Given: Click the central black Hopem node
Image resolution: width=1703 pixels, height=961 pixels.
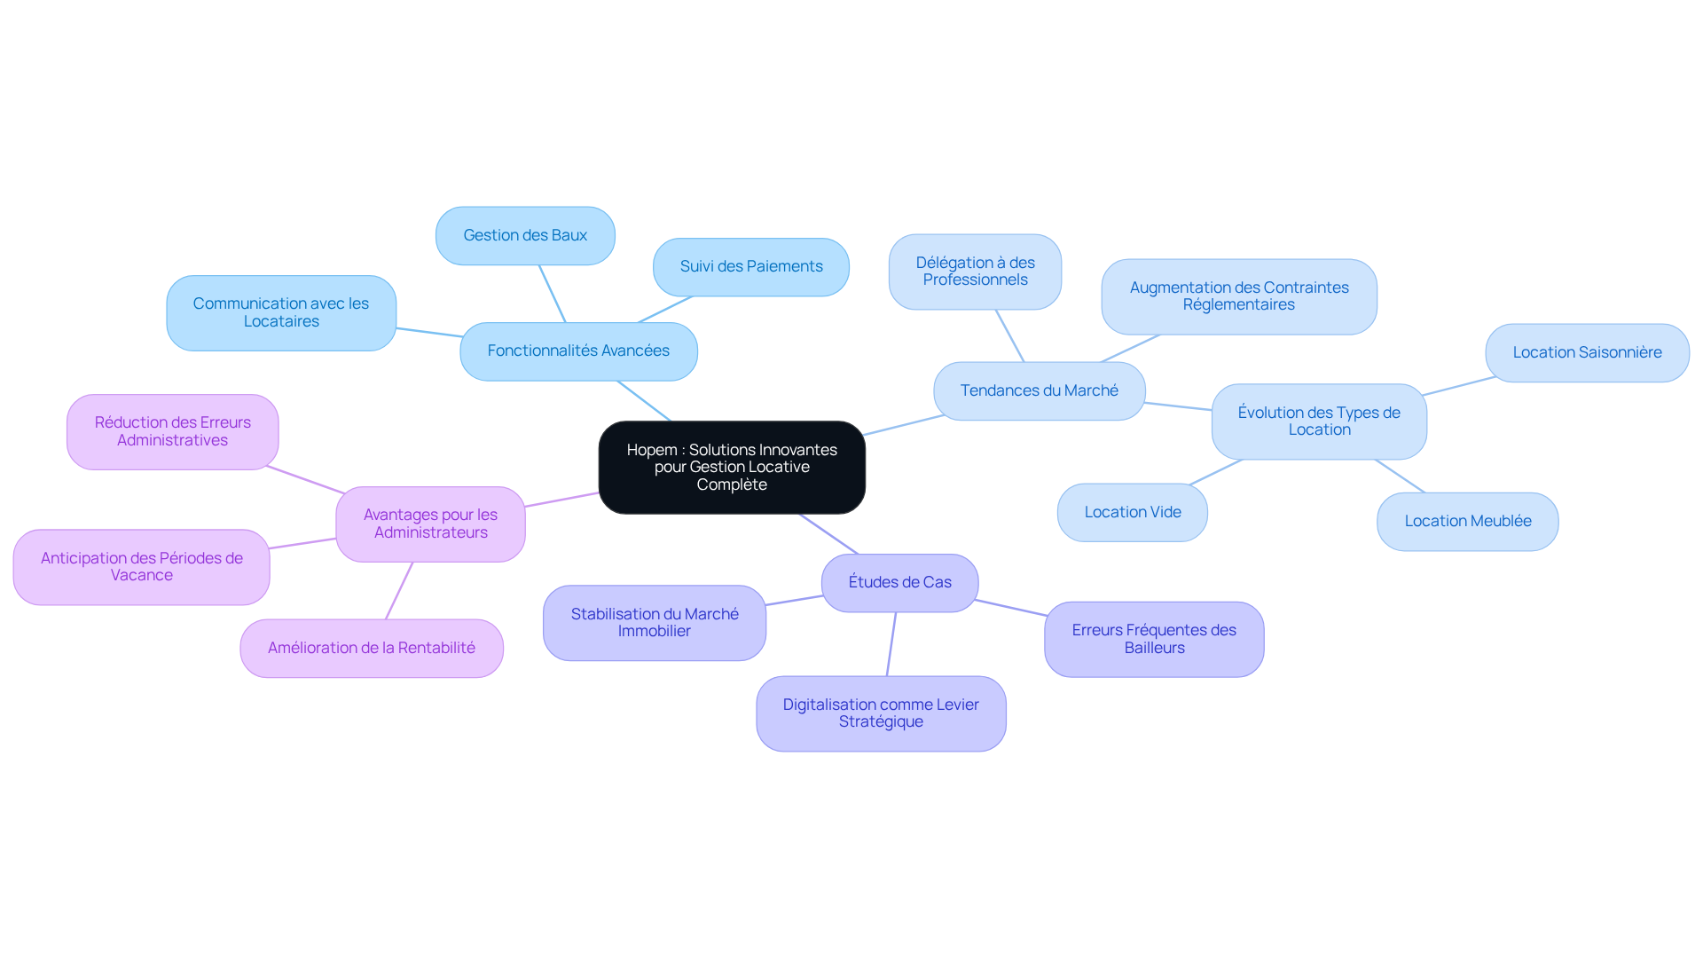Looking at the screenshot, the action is tap(732, 467).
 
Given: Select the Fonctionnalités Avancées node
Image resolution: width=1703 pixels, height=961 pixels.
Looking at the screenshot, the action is tap(578, 351).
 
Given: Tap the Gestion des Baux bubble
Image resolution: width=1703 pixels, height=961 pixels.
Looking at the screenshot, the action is tap(525, 235).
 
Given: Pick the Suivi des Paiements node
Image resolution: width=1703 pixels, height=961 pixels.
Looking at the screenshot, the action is tap(751, 266).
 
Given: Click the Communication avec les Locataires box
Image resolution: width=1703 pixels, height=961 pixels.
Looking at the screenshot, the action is tap(281, 312).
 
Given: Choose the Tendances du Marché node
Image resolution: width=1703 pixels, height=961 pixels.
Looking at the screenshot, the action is tap(1040, 390).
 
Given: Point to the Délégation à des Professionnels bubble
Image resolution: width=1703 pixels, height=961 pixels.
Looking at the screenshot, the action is tap(975, 272).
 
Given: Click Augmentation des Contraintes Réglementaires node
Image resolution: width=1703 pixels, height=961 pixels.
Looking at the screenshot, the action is tap(1239, 296).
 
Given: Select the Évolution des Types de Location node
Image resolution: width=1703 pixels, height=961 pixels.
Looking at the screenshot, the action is tap(1319, 421).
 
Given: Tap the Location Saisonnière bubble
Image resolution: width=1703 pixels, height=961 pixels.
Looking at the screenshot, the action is tap(1587, 352).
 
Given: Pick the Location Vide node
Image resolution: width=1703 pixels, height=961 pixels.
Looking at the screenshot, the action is tap(1133, 512).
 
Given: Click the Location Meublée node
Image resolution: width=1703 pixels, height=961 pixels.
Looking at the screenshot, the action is tap(1468, 521).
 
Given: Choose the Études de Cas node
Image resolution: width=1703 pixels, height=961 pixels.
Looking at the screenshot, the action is tap(899, 582).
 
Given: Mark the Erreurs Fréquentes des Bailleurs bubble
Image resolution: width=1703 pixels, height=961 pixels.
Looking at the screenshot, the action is tap(1154, 639).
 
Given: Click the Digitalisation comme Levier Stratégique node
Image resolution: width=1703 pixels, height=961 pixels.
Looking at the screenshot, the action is tap(881, 713).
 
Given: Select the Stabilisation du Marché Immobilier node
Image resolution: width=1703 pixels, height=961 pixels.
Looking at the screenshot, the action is tap(655, 622).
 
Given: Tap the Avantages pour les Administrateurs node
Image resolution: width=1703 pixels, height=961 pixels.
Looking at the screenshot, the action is tap(430, 524).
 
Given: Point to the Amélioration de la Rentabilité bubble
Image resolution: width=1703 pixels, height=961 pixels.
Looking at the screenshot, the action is tap(372, 648).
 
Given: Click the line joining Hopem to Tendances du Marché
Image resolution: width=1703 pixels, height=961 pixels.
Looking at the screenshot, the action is tap(904, 424).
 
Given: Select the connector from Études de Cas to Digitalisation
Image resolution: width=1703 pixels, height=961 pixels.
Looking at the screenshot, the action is tap(891, 644).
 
